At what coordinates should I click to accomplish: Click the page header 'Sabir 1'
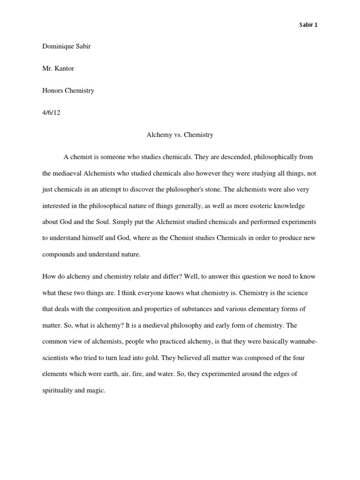tap(308, 25)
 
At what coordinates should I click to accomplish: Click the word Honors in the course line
tap(52, 90)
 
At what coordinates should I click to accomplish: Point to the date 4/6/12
tap(51, 112)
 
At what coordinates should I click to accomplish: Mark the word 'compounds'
tap(59, 254)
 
